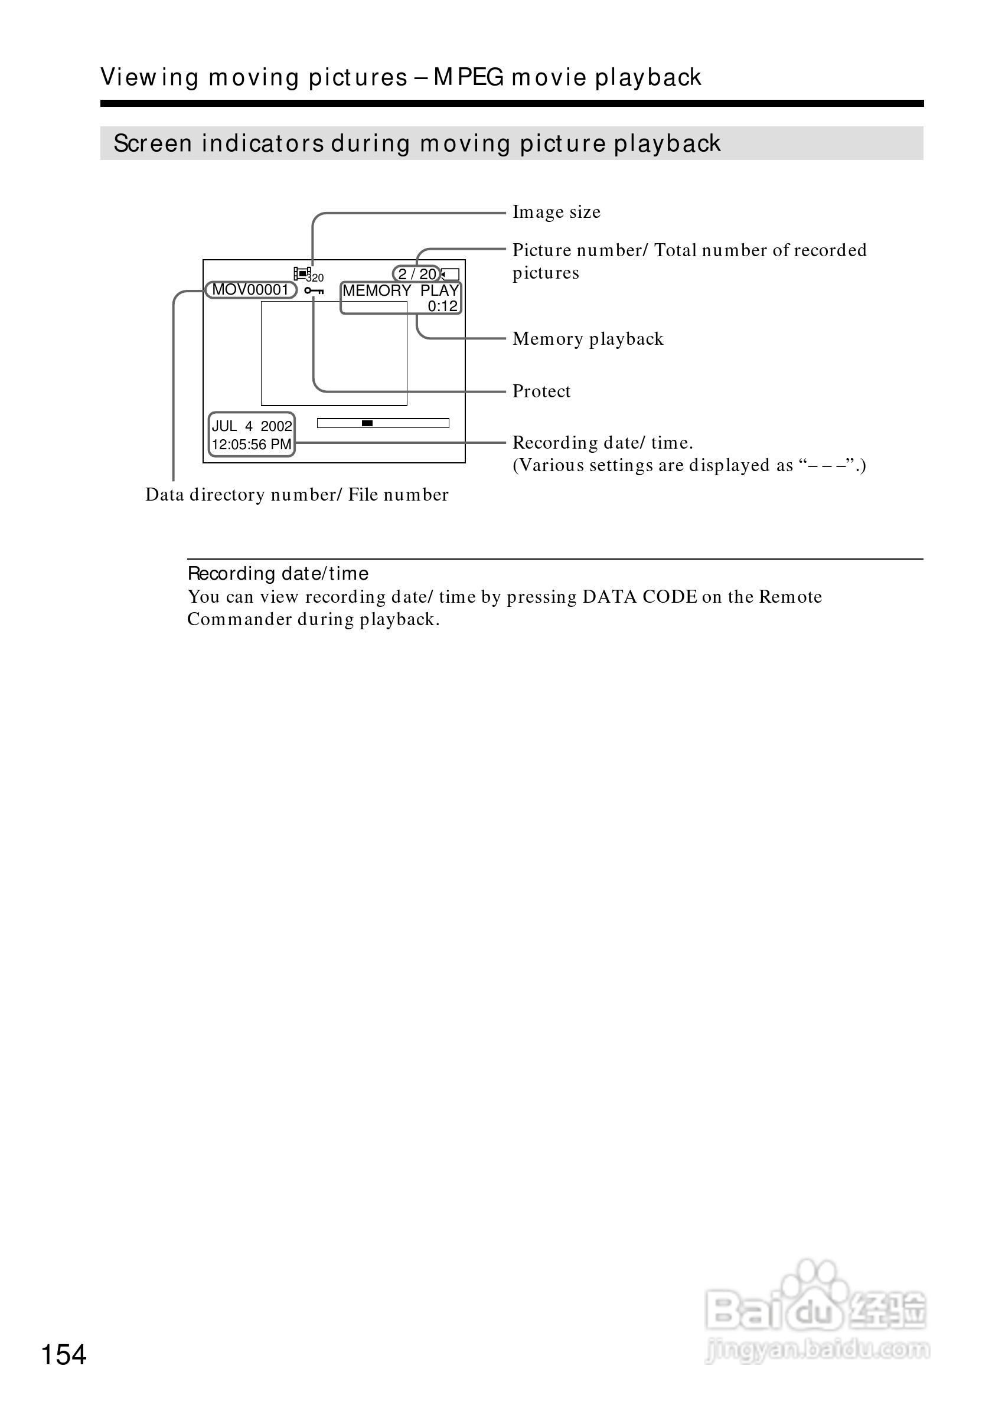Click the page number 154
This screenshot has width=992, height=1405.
64,1354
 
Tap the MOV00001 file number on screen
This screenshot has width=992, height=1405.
250,289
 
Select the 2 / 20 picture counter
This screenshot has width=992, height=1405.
417,274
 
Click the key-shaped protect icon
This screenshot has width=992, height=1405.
314,290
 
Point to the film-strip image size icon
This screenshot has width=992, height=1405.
302,273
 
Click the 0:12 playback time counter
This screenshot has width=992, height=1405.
442,306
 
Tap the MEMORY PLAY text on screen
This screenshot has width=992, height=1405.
400,290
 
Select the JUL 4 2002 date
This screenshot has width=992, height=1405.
252,426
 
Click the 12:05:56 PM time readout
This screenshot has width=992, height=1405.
252,445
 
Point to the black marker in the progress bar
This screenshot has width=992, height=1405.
367,423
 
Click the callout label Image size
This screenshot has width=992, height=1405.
556,213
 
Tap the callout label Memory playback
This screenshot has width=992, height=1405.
588,339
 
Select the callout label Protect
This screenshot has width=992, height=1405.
541,391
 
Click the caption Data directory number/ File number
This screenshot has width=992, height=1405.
297,495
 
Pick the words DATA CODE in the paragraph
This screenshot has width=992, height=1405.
639,597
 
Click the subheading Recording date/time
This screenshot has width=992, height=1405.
278,573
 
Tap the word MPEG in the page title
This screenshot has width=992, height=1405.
469,78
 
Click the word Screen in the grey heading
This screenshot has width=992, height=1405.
153,144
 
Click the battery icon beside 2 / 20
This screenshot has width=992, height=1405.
451,274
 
